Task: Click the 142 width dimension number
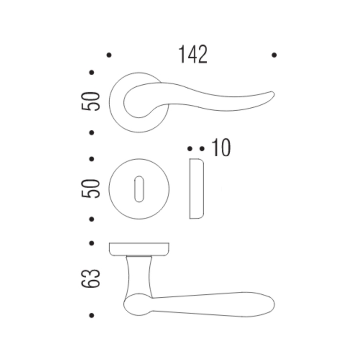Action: [192, 54]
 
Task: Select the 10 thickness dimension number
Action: [221, 148]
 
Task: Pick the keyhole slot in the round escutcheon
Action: [139, 189]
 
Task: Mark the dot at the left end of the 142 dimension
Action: [109, 55]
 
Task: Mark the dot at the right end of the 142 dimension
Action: [274, 55]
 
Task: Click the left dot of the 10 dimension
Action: [190, 148]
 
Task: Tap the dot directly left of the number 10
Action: [201, 148]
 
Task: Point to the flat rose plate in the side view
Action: [140, 248]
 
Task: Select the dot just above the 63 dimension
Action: [92, 242]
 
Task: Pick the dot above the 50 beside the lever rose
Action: [92, 72]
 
